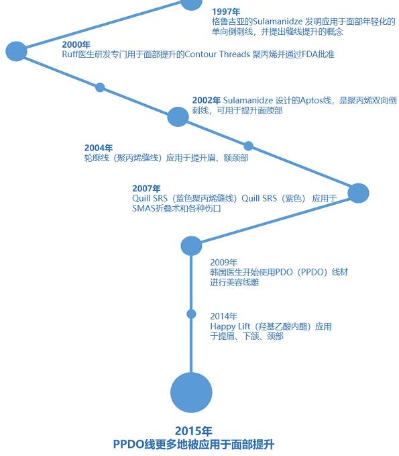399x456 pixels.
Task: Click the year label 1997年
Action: click(x=226, y=11)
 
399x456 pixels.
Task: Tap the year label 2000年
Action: click(x=76, y=44)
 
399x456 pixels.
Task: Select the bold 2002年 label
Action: click(x=206, y=100)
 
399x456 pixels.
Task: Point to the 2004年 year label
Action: click(x=99, y=148)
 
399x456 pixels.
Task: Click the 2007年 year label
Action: click(x=146, y=189)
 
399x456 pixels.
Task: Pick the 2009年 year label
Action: click(x=223, y=263)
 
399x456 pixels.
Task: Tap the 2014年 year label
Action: click(x=223, y=316)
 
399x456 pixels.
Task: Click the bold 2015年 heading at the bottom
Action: click(x=194, y=431)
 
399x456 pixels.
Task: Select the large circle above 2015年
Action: click(x=191, y=393)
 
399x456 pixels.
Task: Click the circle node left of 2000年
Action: click(x=16, y=52)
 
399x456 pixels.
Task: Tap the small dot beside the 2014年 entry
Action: click(x=191, y=314)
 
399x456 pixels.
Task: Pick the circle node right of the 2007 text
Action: click(x=358, y=193)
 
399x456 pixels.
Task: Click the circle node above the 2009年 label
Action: click(x=191, y=246)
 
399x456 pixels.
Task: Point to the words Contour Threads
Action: click(x=217, y=54)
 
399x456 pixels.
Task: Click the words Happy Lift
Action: click(x=230, y=326)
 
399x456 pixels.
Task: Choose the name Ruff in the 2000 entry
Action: click(x=70, y=54)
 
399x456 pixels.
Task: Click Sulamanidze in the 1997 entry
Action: click(x=278, y=21)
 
